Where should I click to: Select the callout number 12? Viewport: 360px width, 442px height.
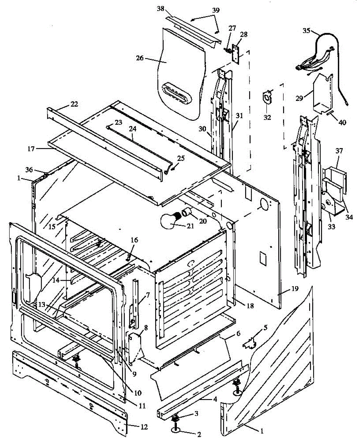144,427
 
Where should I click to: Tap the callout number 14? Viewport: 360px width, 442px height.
55,280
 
